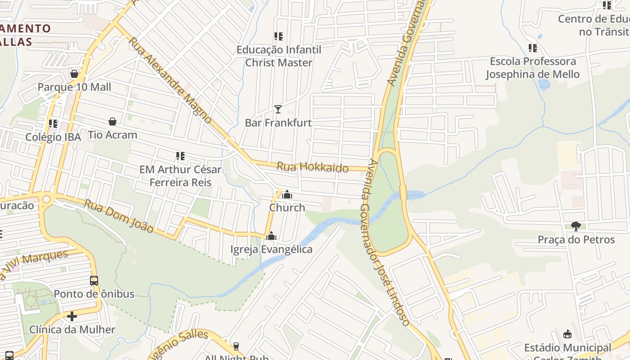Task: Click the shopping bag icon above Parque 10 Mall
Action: click(x=74, y=74)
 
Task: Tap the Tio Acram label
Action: click(x=112, y=135)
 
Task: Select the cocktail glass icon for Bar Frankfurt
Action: click(x=278, y=109)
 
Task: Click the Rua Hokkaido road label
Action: click(x=312, y=167)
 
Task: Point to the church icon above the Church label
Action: click(x=287, y=194)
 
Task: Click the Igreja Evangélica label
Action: click(x=271, y=249)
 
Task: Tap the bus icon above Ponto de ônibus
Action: click(x=94, y=281)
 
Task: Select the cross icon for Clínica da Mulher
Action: click(x=72, y=316)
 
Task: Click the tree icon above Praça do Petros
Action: click(x=576, y=226)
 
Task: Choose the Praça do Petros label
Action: click(x=576, y=239)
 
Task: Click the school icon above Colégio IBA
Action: click(x=53, y=123)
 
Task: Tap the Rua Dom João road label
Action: click(x=119, y=216)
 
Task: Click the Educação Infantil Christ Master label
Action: click(x=279, y=56)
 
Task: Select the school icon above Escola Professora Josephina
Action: click(x=533, y=48)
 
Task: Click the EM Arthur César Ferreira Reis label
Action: click(x=180, y=176)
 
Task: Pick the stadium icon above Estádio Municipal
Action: click(x=567, y=334)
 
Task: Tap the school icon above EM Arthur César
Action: click(x=180, y=156)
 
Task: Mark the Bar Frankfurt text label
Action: click(x=278, y=122)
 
